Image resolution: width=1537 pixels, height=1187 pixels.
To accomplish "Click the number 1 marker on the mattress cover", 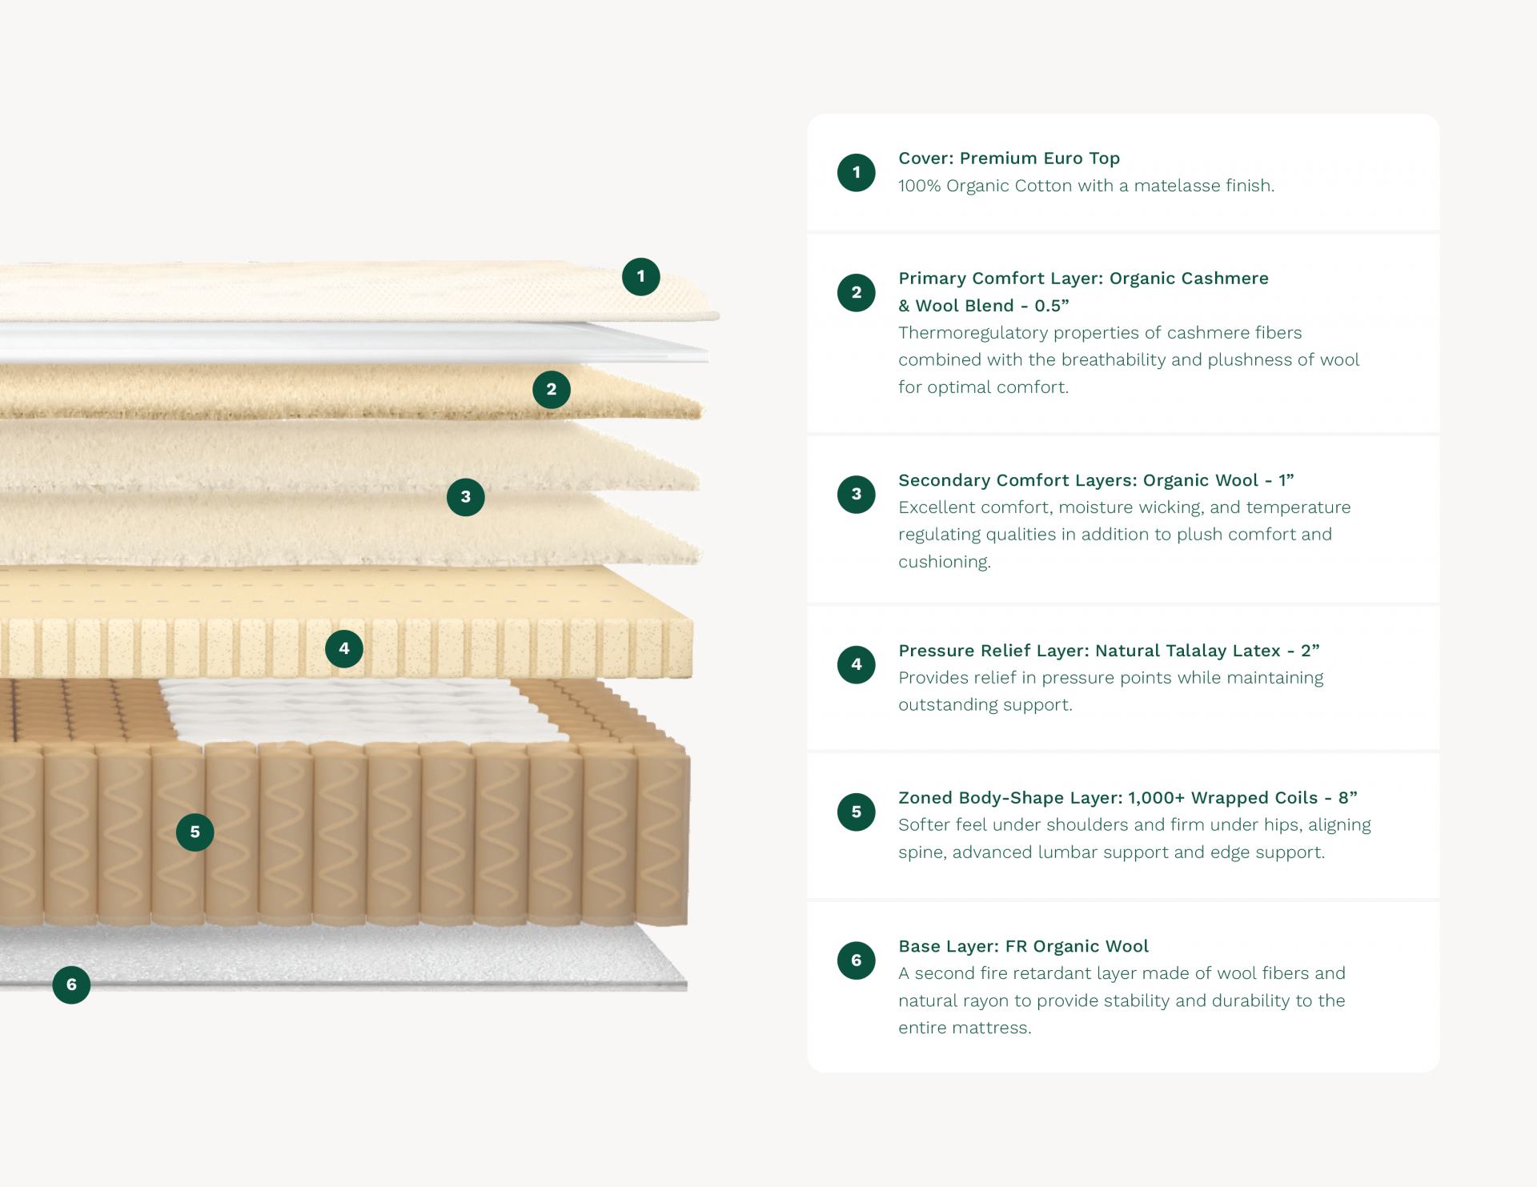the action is click(x=641, y=277).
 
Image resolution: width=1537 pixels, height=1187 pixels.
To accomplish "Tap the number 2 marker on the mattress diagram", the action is click(x=552, y=390).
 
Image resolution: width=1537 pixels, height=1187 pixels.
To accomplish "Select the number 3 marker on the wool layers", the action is click(x=466, y=497).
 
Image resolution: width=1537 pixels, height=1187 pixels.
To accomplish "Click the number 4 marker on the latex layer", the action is click(x=344, y=649).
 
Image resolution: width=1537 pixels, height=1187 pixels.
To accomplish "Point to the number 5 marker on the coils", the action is click(x=195, y=832).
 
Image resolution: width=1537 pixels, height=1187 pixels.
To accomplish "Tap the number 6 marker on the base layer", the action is click(x=71, y=984).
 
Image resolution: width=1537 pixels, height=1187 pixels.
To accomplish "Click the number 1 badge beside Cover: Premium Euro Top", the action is click(x=857, y=172).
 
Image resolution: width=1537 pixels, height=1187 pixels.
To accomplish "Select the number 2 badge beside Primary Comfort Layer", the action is click(x=857, y=292).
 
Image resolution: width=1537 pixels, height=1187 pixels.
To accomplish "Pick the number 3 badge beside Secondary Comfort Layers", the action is click(x=857, y=494).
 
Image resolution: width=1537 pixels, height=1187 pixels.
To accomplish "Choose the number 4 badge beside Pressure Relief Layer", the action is click(x=857, y=664).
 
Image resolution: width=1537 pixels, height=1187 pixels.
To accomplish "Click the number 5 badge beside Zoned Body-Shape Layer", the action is click(x=857, y=812).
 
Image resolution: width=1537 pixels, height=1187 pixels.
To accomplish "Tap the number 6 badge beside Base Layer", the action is click(x=857, y=960).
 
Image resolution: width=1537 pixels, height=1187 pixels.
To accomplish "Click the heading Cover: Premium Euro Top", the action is click(x=1009, y=158).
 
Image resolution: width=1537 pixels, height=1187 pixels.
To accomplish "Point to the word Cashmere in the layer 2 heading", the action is click(x=1225, y=279).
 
